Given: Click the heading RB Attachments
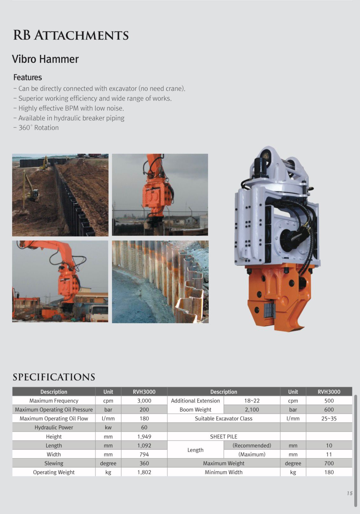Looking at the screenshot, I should [71, 35].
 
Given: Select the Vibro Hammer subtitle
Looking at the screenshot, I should [45, 59].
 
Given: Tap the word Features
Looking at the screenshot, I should [28, 77].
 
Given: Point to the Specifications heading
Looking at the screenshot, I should [54, 377].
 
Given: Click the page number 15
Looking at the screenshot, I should [350, 493].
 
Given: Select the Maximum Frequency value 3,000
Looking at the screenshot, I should [144, 401].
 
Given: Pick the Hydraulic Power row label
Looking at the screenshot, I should [54, 428].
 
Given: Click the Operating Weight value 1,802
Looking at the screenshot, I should [144, 472].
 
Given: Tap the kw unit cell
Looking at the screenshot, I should [108, 428].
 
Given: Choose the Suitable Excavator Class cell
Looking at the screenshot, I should [224, 419].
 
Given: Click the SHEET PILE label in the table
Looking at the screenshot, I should [224, 437].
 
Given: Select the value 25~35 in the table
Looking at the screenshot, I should [329, 419].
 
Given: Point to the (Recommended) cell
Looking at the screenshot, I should [252, 446].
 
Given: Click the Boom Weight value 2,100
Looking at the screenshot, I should [252, 410].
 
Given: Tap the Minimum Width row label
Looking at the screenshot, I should [224, 472].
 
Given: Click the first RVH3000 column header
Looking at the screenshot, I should [144, 392].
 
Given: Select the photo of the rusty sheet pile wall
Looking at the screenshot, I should [160, 282].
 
